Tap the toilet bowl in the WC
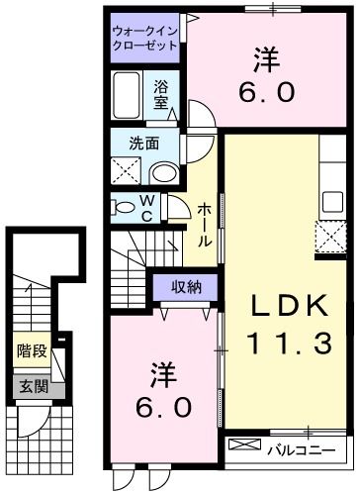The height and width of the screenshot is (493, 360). (x=123, y=207)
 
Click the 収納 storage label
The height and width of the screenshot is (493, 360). (x=180, y=288)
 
